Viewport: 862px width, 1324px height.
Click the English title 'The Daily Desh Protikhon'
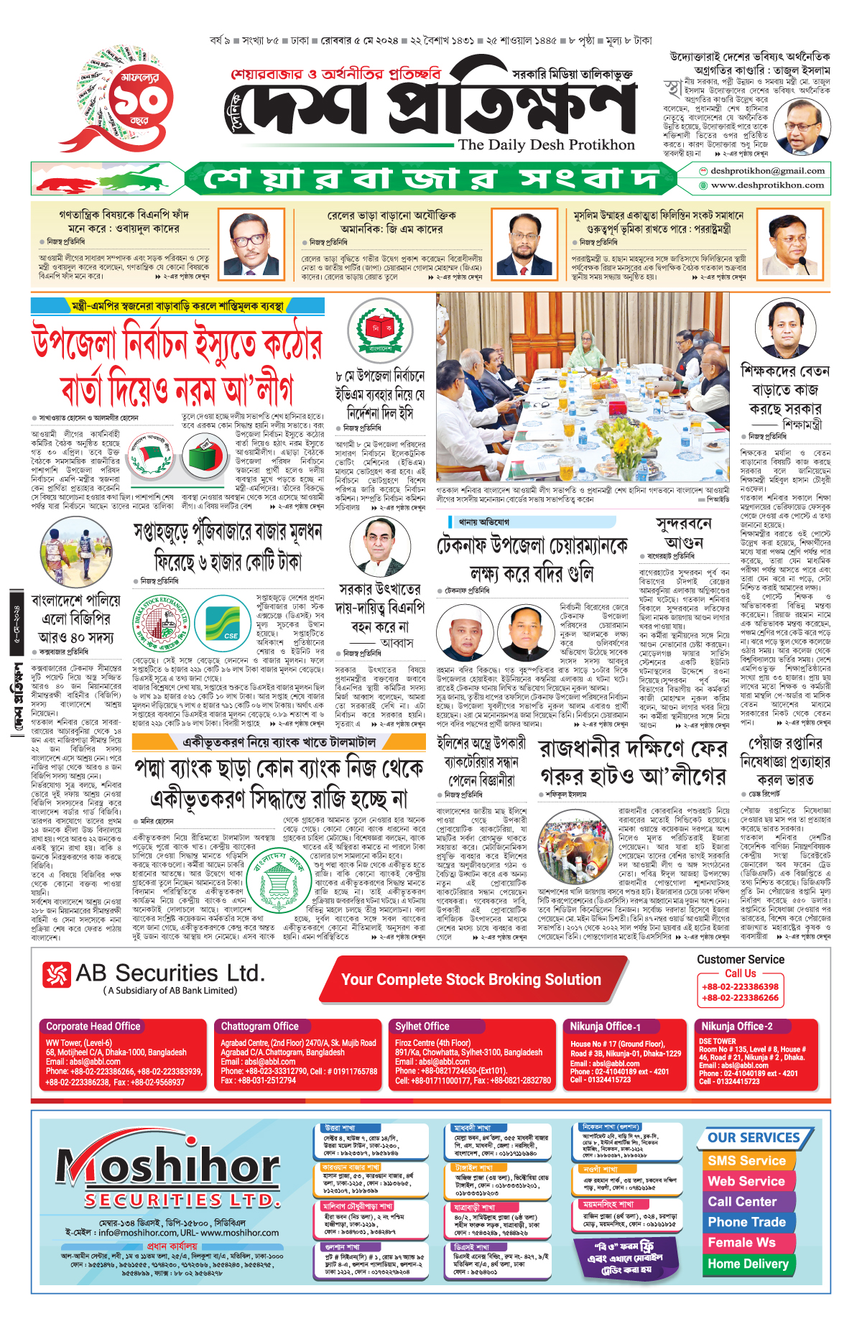(x=546, y=144)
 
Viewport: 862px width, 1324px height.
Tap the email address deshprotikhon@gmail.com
(x=766, y=171)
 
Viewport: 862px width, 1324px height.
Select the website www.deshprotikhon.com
(x=766, y=185)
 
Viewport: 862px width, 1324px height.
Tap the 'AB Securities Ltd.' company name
(x=170, y=973)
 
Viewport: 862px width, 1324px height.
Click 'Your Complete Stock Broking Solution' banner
(x=471, y=980)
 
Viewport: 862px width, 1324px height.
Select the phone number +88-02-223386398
(x=740, y=986)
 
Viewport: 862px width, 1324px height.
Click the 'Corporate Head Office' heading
(x=93, y=1027)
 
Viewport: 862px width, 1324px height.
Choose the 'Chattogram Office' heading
(x=259, y=1027)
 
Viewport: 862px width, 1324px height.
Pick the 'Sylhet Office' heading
(x=422, y=1027)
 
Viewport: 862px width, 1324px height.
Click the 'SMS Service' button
(x=746, y=1160)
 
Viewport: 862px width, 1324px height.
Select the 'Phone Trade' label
(x=746, y=1222)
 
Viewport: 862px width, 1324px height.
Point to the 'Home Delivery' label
(x=748, y=1264)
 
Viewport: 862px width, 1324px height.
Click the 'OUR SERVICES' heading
(x=754, y=1138)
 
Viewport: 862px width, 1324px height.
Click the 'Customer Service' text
(x=740, y=959)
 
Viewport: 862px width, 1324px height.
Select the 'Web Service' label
(x=746, y=1181)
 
